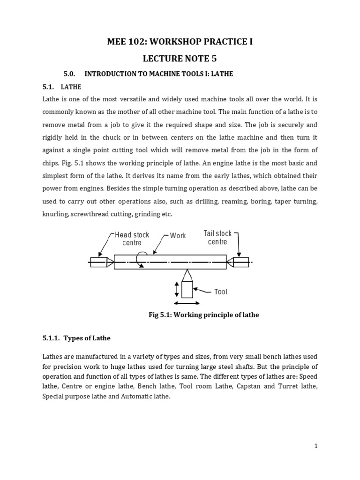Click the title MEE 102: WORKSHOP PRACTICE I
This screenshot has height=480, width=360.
[180, 42]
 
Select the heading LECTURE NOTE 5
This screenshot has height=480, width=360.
[180, 59]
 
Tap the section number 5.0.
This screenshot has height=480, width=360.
[69, 74]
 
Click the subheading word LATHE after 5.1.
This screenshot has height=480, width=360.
[71, 87]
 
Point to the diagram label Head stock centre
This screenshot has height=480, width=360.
[132, 239]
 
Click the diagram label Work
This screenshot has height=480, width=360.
[178, 236]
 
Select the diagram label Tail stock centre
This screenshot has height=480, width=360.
[217, 238]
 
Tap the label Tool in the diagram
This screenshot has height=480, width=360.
[220, 292]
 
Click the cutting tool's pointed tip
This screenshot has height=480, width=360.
[187, 271]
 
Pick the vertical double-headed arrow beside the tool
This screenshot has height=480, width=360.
[176, 289]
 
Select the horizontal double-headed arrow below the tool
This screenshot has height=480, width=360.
[187, 303]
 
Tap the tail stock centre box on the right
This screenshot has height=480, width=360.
[241, 262]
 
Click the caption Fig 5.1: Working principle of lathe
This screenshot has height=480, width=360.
[203, 315]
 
